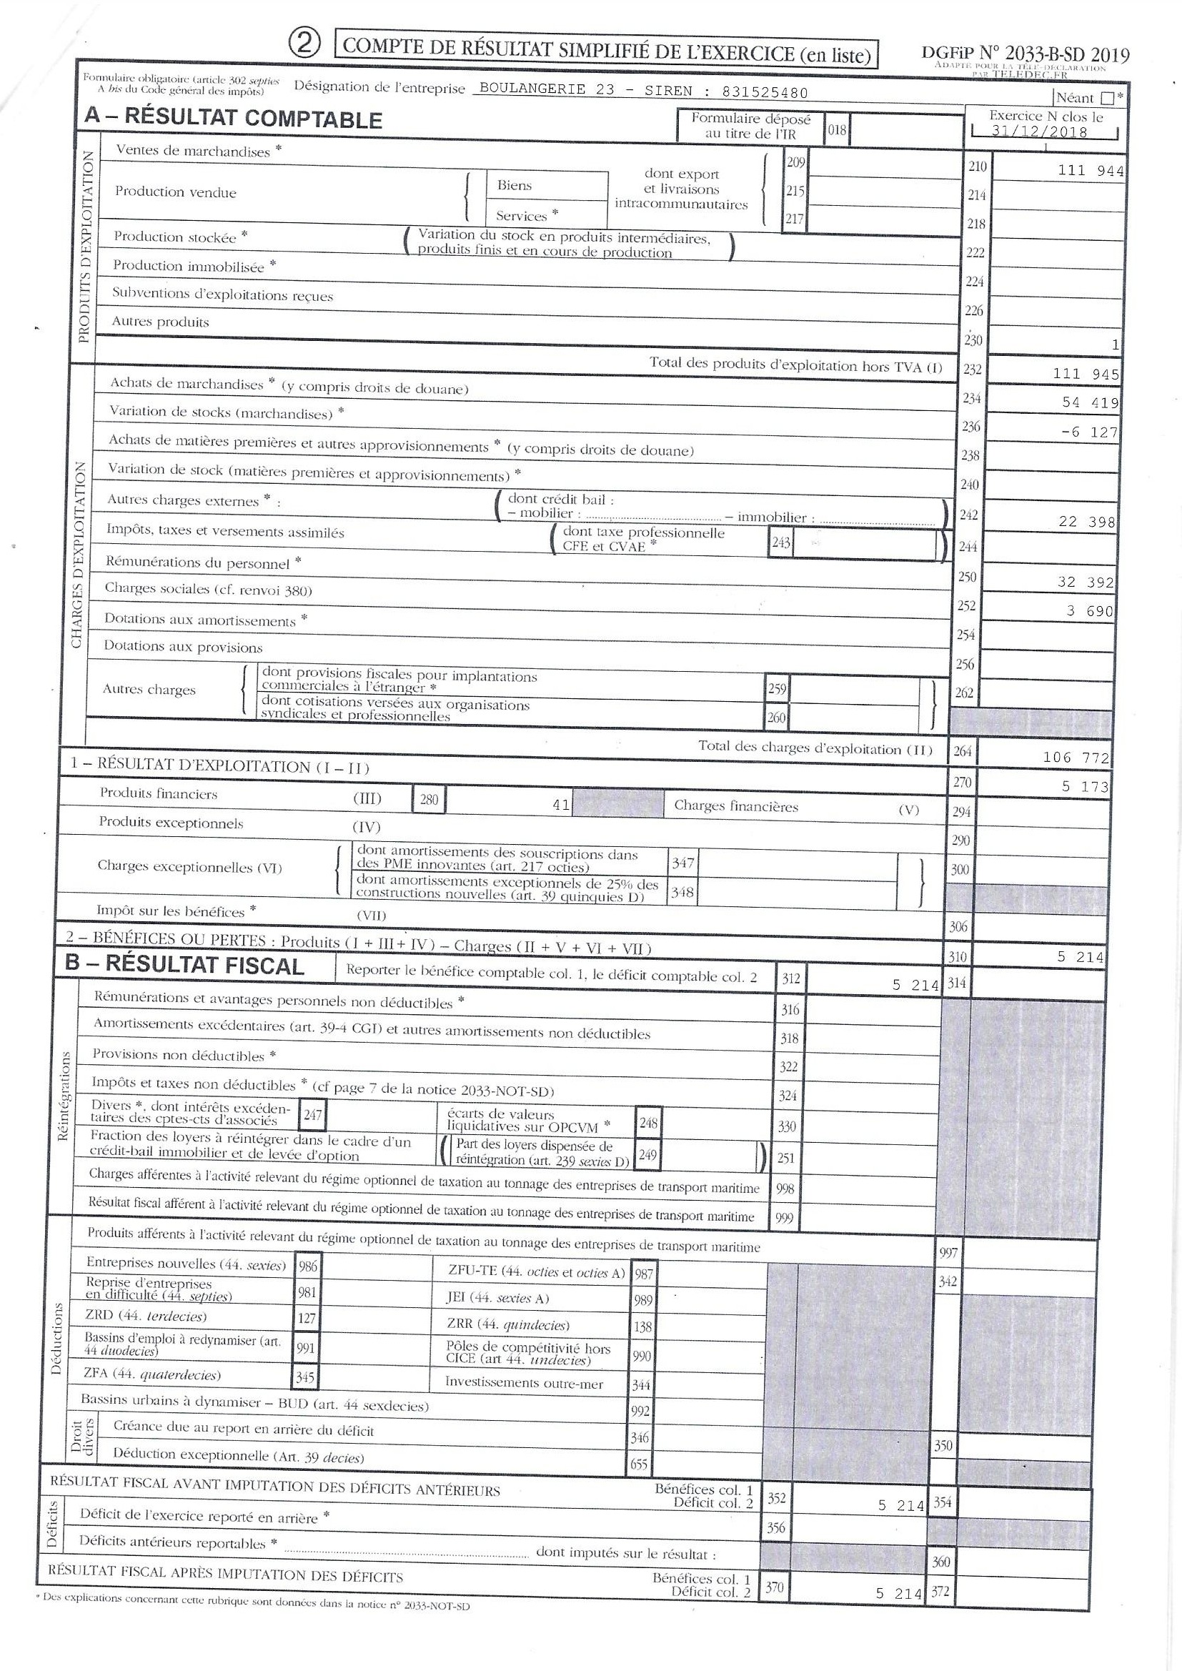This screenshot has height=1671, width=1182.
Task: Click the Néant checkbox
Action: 1108,98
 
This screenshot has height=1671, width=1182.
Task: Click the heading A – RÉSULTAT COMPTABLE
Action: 233,119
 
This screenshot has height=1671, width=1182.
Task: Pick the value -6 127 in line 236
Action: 1089,432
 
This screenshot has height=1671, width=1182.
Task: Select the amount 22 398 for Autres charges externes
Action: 1086,522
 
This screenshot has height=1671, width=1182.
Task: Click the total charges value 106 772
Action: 1076,758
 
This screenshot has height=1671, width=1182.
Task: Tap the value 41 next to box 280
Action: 560,805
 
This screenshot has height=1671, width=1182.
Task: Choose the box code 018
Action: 837,131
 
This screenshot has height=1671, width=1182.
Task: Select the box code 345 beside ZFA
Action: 306,1377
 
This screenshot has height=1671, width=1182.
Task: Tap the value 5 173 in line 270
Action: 1084,787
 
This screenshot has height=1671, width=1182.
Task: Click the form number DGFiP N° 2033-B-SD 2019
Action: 1025,54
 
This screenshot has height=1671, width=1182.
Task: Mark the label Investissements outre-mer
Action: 524,1384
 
